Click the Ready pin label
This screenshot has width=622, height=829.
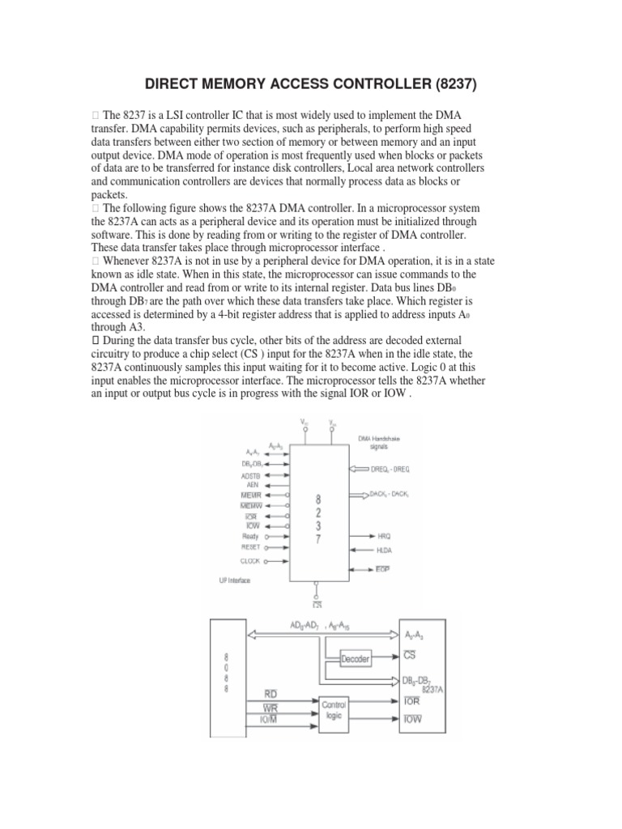[x=249, y=535]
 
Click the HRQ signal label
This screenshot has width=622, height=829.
[x=385, y=536]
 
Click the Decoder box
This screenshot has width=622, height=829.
[x=354, y=659]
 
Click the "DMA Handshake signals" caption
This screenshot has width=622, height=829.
[x=379, y=442]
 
